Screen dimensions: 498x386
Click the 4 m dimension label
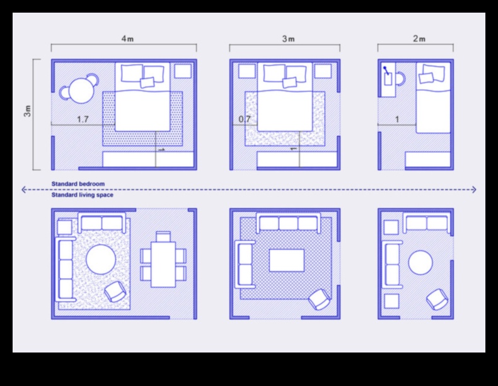pos(127,39)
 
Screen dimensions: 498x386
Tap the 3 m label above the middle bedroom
pos(288,39)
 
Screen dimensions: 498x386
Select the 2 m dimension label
pos(419,39)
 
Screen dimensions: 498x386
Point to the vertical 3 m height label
pos(28,111)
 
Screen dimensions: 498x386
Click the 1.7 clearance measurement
pos(83,119)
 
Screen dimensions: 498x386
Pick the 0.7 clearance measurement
pos(245,119)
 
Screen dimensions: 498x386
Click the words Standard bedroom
pos(78,184)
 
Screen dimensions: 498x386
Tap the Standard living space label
pos(82,195)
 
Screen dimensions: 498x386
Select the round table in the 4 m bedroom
pos(81,91)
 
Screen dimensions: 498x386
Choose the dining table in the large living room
pos(163,265)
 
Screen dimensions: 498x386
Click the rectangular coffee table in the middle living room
pos(286,260)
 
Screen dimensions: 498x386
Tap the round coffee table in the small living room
pos(420,263)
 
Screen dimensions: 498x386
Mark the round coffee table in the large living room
pos(101,260)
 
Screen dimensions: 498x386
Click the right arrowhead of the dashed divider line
pos(474,190)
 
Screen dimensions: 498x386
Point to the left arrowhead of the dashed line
pos(23,190)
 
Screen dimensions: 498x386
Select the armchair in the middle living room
pos(319,299)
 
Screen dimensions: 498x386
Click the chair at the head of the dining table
pos(163,237)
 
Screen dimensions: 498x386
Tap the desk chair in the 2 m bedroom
pos(400,79)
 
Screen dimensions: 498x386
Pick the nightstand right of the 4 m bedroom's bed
pos(183,71)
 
